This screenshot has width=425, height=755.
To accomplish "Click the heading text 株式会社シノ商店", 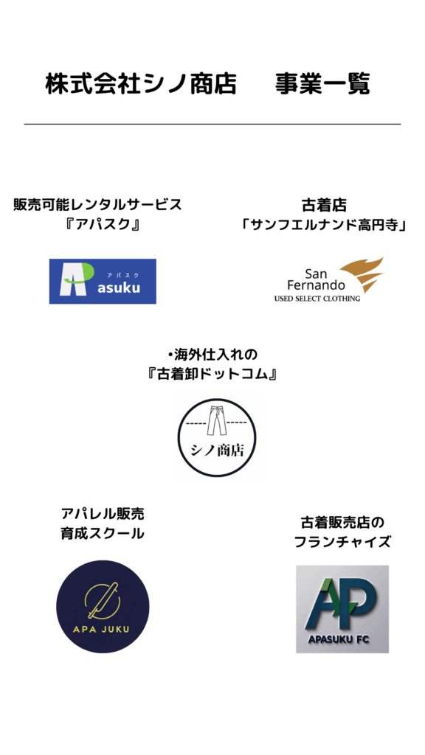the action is tap(141, 84).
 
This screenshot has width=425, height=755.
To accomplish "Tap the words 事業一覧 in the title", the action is tap(322, 84).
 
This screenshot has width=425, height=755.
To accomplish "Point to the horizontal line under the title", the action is tap(212, 124).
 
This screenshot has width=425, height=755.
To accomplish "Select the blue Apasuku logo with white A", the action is tap(103, 281).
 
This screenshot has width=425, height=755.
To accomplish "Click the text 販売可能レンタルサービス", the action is tap(98, 205).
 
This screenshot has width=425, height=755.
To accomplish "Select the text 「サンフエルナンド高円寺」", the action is tap(323, 226).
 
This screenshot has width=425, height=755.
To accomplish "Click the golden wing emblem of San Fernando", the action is tap(362, 274).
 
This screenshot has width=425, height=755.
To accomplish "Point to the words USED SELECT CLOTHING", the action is tap(317, 299).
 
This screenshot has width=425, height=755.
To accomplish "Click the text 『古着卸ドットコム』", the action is tap(212, 374).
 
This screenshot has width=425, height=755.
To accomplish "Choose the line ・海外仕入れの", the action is tap(212, 355).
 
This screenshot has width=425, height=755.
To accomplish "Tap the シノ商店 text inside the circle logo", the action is tap(217, 451).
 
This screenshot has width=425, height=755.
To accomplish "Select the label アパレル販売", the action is tap(102, 514).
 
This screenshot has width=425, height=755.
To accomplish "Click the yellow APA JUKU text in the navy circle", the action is tap(103, 630).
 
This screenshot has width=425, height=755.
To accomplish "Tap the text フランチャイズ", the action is tap(342, 542).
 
